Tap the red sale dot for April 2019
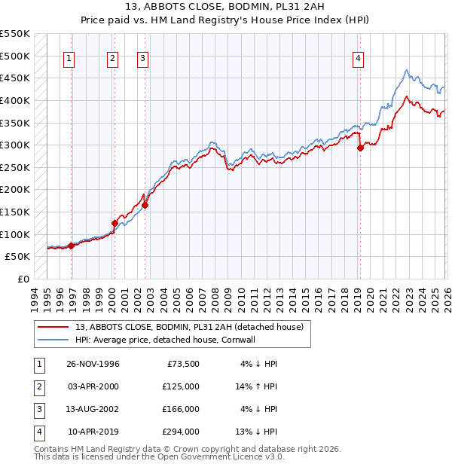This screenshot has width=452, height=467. [360, 148]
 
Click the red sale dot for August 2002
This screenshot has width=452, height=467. [145, 205]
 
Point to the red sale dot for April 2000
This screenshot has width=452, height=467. [115, 223]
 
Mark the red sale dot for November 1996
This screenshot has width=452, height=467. [72, 246]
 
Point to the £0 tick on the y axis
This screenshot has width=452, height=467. [23, 279]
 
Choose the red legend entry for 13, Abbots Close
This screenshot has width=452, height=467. [188, 327]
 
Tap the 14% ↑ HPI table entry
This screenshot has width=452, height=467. [255, 386]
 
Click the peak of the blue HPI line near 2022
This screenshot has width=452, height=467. [406, 71]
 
